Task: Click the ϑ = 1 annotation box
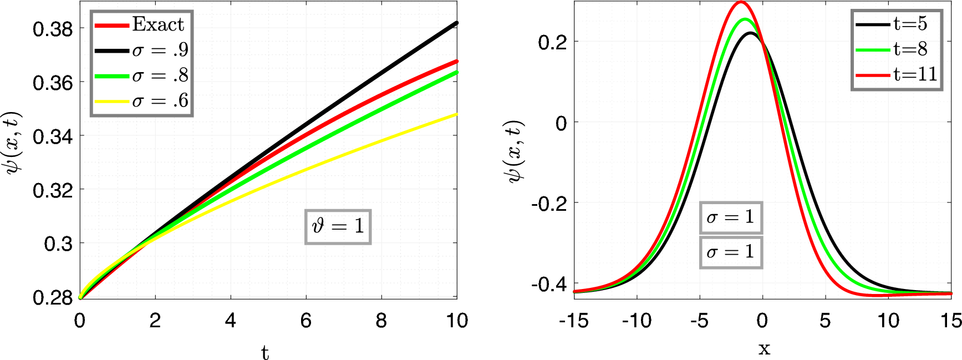tap(338, 226)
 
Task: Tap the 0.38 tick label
tap(53, 29)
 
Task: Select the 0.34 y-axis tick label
tap(53, 136)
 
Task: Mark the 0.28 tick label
tap(53, 298)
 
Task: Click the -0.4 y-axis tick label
tap(548, 285)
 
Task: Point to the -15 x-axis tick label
tap(574, 321)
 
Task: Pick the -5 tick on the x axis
tap(699, 321)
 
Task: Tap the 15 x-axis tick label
tap(950, 321)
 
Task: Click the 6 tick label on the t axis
tap(306, 321)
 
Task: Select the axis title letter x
tap(764, 348)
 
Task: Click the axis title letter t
tap(265, 352)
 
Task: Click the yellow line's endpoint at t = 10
tap(456, 114)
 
